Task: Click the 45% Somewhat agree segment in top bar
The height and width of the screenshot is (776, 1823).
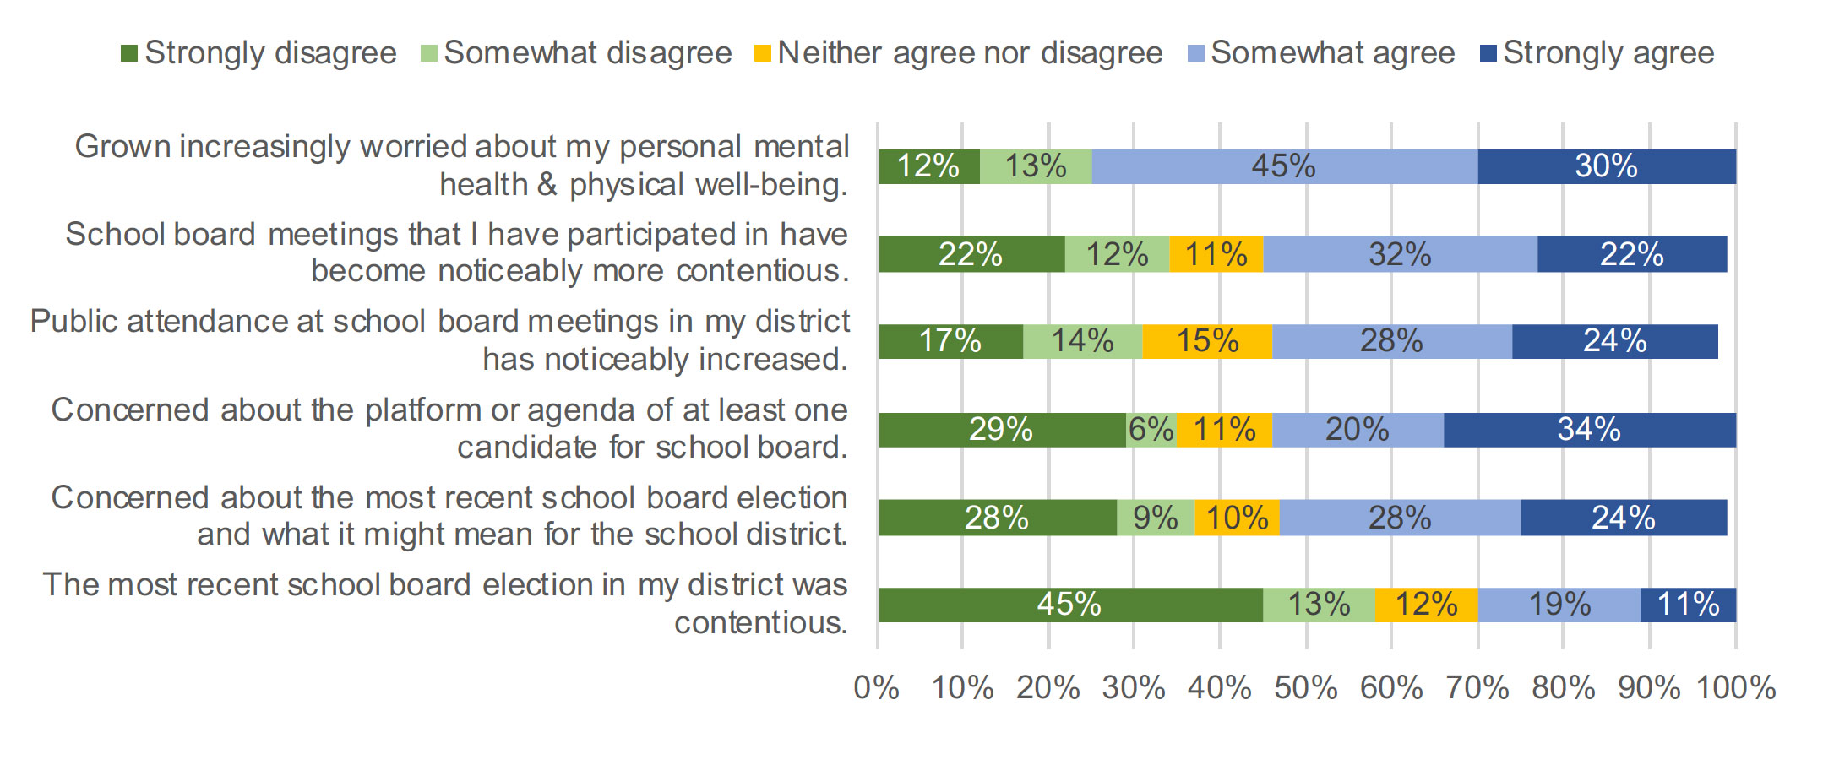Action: tap(1284, 166)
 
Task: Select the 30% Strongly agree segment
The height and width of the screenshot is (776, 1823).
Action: tap(1606, 166)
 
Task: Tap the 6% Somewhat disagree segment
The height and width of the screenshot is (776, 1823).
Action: tap(1151, 430)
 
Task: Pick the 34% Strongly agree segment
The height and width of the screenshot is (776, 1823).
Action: tap(1589, 430)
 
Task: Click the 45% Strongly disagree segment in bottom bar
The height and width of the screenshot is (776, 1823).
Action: tap(1069, 605)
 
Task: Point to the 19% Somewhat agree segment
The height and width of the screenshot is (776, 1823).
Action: tap(1559, 605)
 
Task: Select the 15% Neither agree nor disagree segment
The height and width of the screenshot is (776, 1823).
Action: tap(1207, 341)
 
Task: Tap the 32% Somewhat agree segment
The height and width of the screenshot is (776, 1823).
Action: tap(1400, 254)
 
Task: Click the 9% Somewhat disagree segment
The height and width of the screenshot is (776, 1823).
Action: tap(1155, 518)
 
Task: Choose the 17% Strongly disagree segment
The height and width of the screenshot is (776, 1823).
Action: tap(950, 341)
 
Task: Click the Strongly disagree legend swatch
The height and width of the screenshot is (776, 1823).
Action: tap(129, 54)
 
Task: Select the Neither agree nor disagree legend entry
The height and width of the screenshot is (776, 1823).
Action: tap(960, 53)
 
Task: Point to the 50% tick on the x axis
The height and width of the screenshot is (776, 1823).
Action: tap(1306, 688)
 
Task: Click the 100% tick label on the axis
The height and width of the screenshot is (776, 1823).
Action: tap(1736, 688)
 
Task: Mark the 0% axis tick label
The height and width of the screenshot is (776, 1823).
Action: tap(877, 688)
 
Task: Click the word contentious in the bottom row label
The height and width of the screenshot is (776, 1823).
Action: tap(759, 623)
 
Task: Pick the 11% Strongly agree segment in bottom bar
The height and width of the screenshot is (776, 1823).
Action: tap(1688, 605)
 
